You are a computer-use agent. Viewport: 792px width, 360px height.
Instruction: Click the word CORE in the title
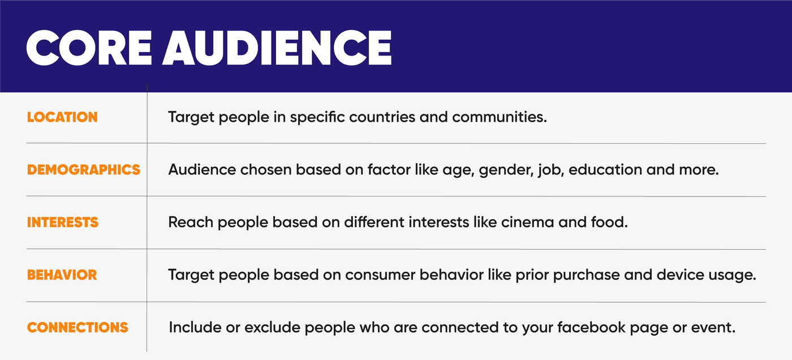89,48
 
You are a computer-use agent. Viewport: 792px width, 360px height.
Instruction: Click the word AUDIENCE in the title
277,48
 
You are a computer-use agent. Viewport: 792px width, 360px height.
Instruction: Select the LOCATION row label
62,117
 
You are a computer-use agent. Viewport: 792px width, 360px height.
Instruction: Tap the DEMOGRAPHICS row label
84,170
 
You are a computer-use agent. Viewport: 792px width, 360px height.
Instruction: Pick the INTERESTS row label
63,222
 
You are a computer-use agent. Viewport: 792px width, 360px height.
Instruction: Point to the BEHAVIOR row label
62,275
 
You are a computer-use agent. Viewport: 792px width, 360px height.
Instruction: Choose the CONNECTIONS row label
78,328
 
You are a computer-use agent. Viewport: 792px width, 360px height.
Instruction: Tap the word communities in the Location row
499,117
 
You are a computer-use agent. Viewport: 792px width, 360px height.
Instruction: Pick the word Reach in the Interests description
191,222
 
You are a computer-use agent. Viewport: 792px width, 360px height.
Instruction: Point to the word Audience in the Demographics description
202,170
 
